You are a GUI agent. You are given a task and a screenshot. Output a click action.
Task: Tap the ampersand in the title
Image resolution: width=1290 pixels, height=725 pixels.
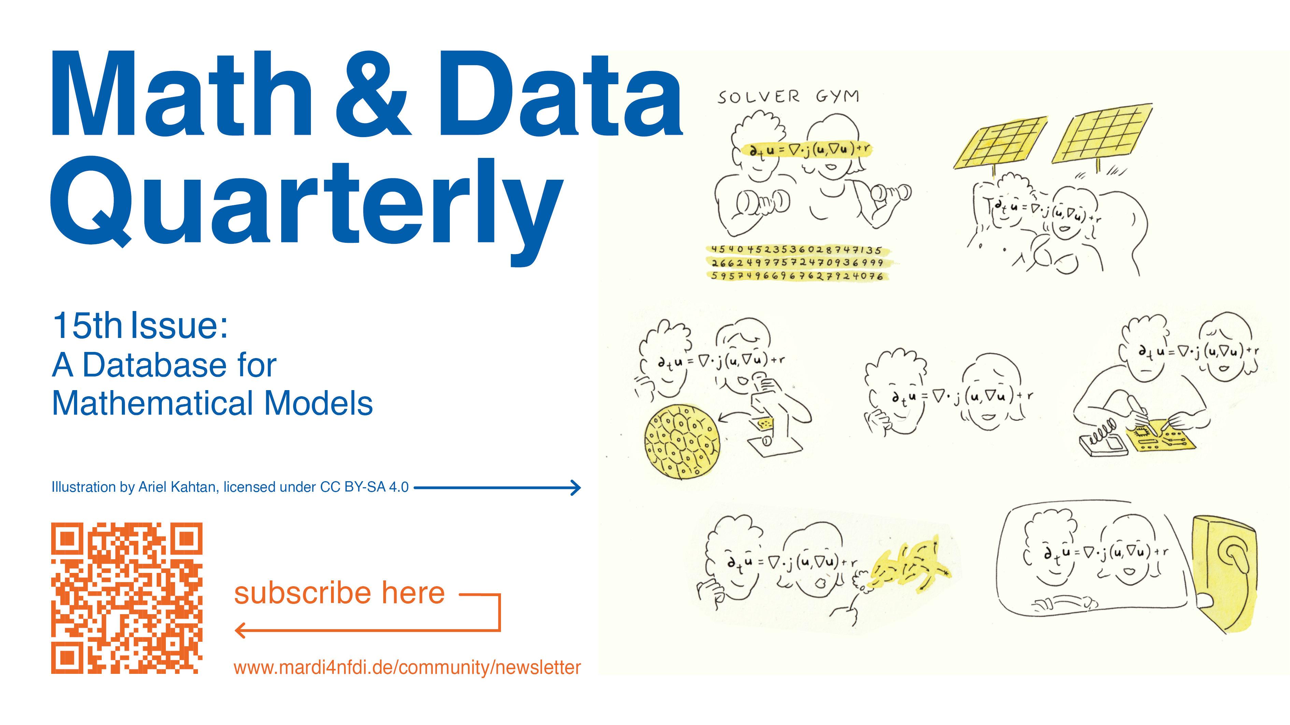point(373,95)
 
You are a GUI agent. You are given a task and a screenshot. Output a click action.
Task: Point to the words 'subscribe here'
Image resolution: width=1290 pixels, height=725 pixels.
point(340,593)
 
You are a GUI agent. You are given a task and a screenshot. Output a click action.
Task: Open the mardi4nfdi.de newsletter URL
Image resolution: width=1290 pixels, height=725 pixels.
point(407,667)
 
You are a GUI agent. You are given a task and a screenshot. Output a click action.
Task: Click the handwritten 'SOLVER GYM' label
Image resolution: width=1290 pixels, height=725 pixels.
point(788,96)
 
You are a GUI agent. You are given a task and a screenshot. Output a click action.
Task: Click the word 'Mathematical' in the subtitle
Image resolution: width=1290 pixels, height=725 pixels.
point(154,403)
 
